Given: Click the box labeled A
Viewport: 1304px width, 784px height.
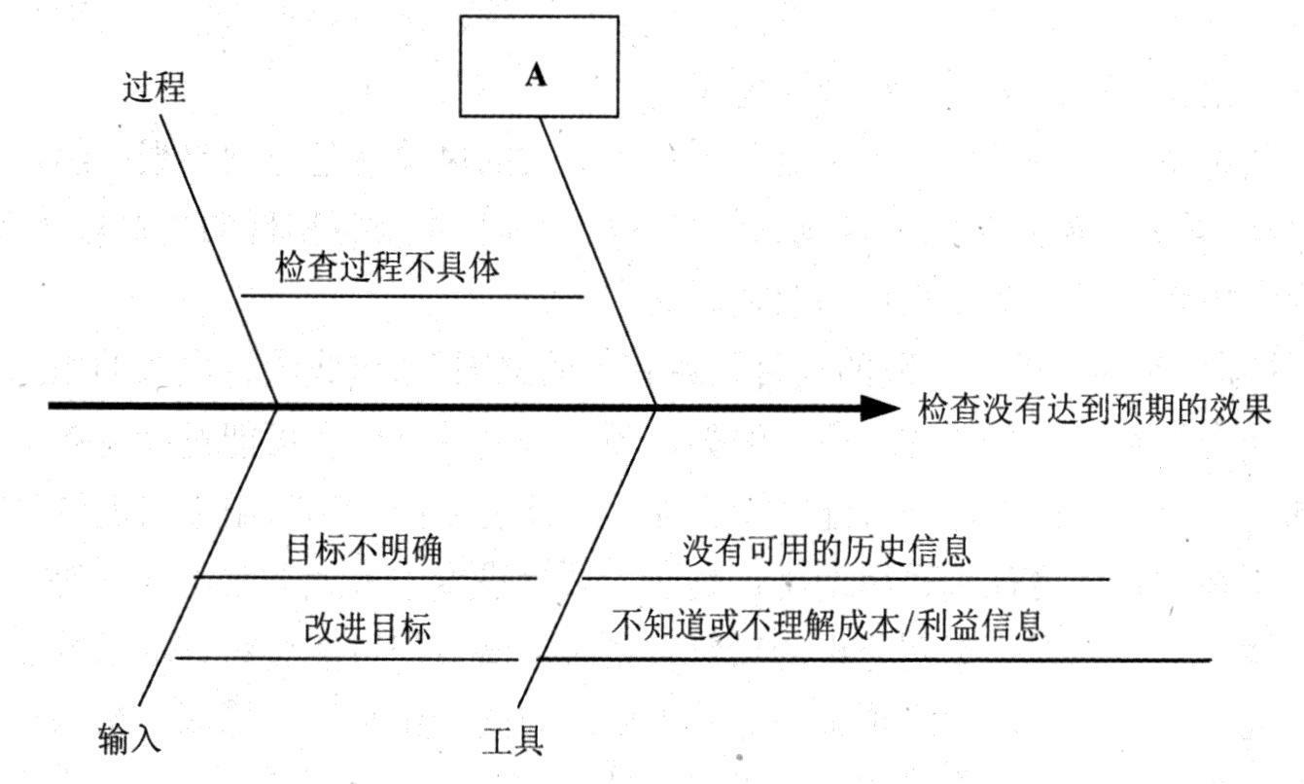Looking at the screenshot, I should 539,66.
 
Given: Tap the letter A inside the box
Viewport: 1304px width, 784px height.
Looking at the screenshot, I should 536,76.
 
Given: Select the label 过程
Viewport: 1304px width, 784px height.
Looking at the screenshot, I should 154,89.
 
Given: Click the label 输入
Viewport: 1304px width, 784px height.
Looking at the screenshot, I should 129,739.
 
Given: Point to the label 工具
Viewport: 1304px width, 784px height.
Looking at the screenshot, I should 512,741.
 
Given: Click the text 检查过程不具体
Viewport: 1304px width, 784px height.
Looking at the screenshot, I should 387,267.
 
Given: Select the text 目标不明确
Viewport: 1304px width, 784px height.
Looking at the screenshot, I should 364,551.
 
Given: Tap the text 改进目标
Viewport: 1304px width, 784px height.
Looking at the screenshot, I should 367,628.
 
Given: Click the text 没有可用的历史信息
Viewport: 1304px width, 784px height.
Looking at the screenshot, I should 827,552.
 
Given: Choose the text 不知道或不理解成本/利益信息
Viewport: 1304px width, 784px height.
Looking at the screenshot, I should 828,625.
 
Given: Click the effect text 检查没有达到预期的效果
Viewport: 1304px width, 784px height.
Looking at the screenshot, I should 1095,410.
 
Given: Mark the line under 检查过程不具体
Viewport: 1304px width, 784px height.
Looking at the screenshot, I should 411,296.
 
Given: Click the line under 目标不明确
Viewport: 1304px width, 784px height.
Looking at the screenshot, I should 366,577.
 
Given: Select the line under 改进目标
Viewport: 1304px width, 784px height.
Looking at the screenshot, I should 346,659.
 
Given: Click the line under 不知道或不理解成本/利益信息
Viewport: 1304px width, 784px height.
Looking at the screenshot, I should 875,660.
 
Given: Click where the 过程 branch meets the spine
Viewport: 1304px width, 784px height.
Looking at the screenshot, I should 278,405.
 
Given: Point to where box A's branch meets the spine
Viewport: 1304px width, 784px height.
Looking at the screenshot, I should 655,406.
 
